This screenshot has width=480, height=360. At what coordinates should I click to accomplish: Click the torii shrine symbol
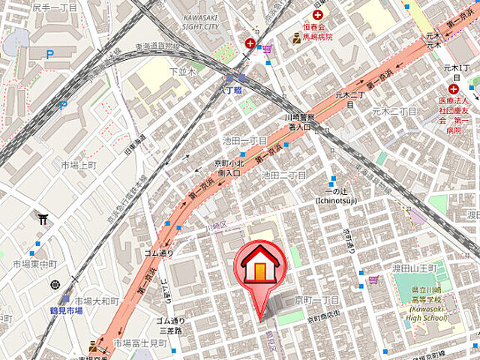click(x=43, y=220)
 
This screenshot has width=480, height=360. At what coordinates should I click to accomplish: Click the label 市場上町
click(x=79, y=165)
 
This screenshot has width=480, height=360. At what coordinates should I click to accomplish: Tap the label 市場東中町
click(x=35, y=265)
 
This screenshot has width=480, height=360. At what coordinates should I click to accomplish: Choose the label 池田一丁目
click(x=245, y=141)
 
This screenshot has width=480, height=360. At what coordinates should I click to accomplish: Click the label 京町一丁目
click(x=319, y=300)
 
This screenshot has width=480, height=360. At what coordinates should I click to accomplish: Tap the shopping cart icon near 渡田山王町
click(x=373, y=280)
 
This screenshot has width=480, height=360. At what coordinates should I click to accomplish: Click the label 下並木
click(x=182, y=71)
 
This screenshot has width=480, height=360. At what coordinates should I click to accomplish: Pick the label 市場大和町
click(x=97, y=301)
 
